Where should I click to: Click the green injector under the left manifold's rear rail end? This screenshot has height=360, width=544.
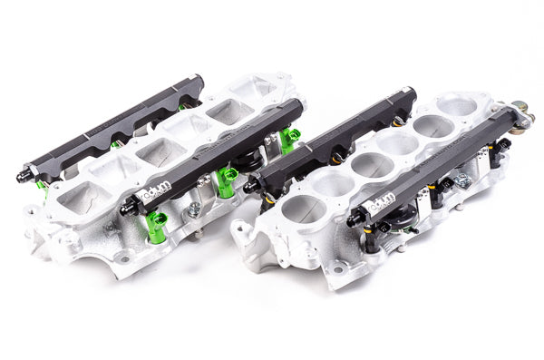(42, 188)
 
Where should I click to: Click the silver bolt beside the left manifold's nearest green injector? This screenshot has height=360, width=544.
(193, 211)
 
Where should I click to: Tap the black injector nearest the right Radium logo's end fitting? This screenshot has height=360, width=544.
(372, 238)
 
